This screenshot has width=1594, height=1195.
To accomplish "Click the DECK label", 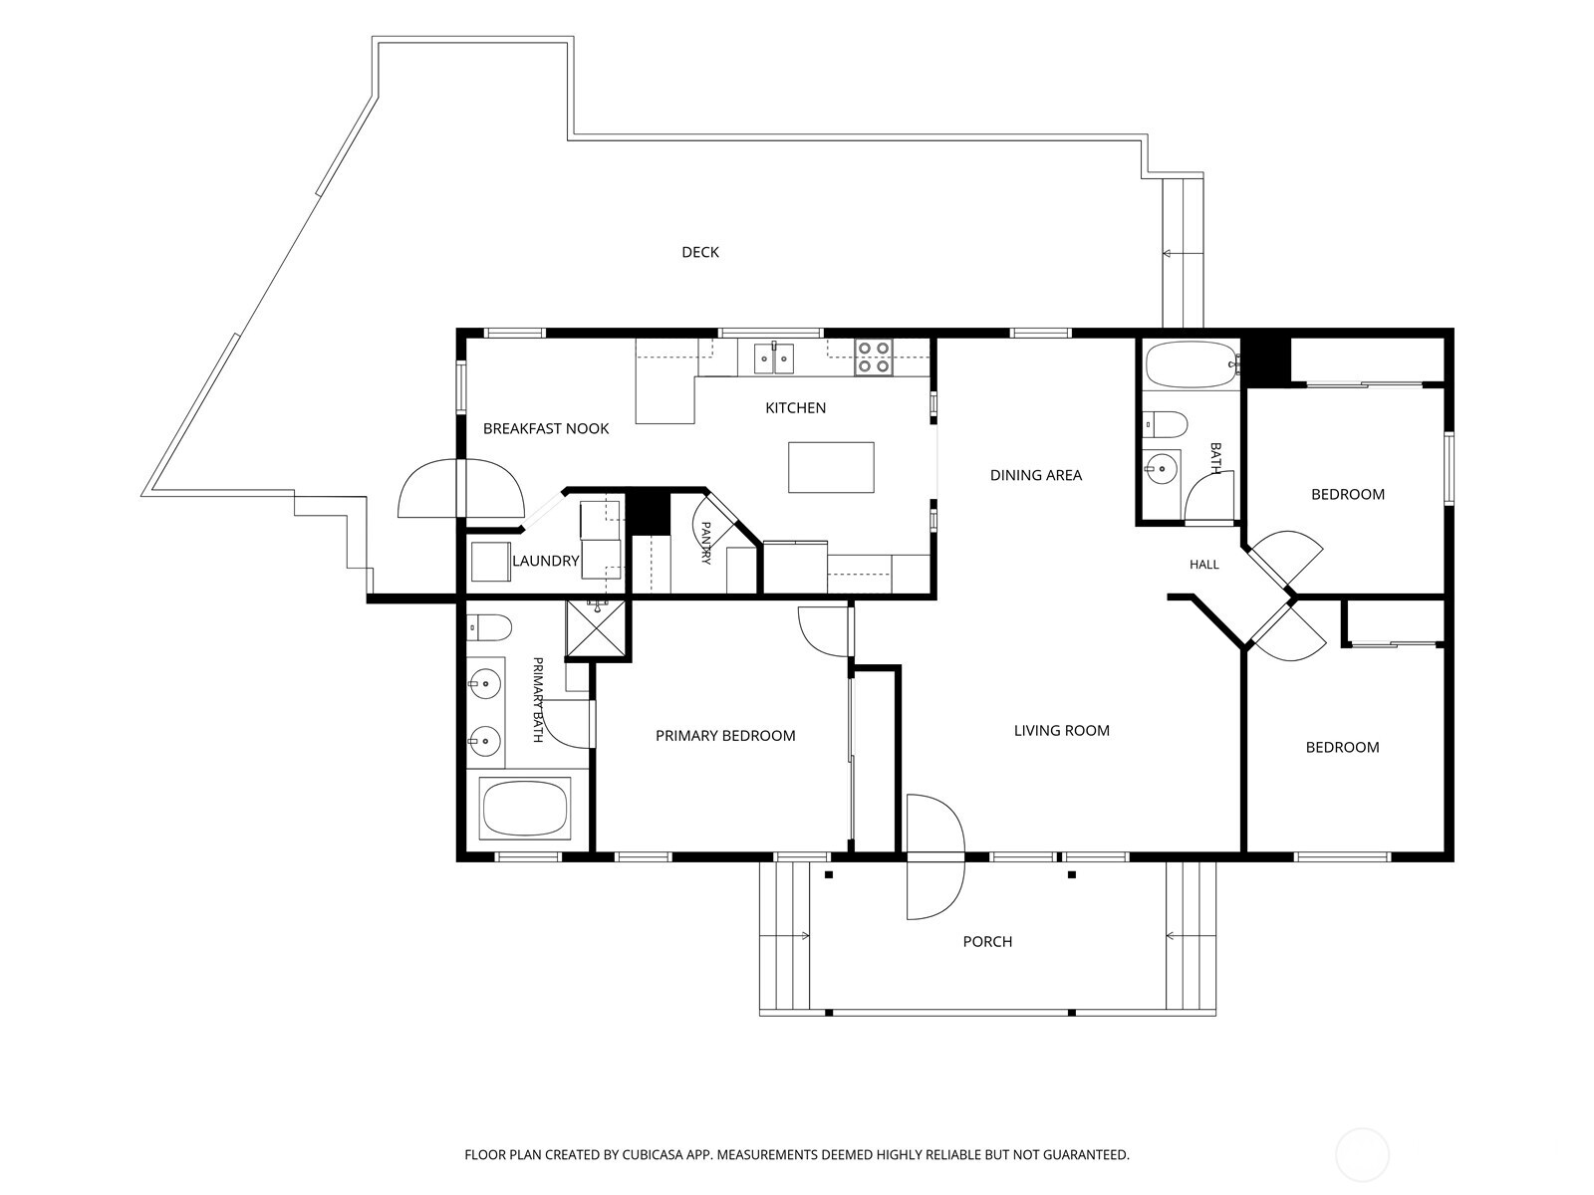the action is [x=700, y=253].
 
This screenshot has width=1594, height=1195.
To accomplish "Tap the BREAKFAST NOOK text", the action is [x=545, y=429].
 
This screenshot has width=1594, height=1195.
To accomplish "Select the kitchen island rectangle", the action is [x=831, y=467].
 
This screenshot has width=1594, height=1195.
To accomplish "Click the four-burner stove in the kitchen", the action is [x=873, y=357].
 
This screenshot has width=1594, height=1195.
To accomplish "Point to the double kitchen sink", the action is [x=773, y=358].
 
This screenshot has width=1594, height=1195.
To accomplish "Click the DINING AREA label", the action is [x=1035, y=475].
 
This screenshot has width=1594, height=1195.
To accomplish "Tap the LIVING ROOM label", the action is [x=1062, y=731].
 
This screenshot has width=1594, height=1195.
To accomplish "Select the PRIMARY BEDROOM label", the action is [x=725, y=736].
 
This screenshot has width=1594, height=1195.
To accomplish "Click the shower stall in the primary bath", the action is [x=595, y=627].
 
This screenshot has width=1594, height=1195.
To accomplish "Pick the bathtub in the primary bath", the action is [x=525, y=808].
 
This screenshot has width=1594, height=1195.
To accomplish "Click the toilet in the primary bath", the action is [x=489, y=627].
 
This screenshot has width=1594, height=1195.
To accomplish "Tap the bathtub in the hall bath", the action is [x=1191, y=363].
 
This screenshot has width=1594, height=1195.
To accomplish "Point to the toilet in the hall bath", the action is [x=1165, y=424].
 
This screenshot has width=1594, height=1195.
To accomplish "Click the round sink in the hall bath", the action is [x=1162, y=468].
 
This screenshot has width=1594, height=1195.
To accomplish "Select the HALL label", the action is [x=1204, y=565].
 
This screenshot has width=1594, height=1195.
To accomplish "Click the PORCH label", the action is [x=987, y=942].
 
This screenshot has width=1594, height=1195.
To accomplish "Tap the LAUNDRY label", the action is [x=545, y=561].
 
